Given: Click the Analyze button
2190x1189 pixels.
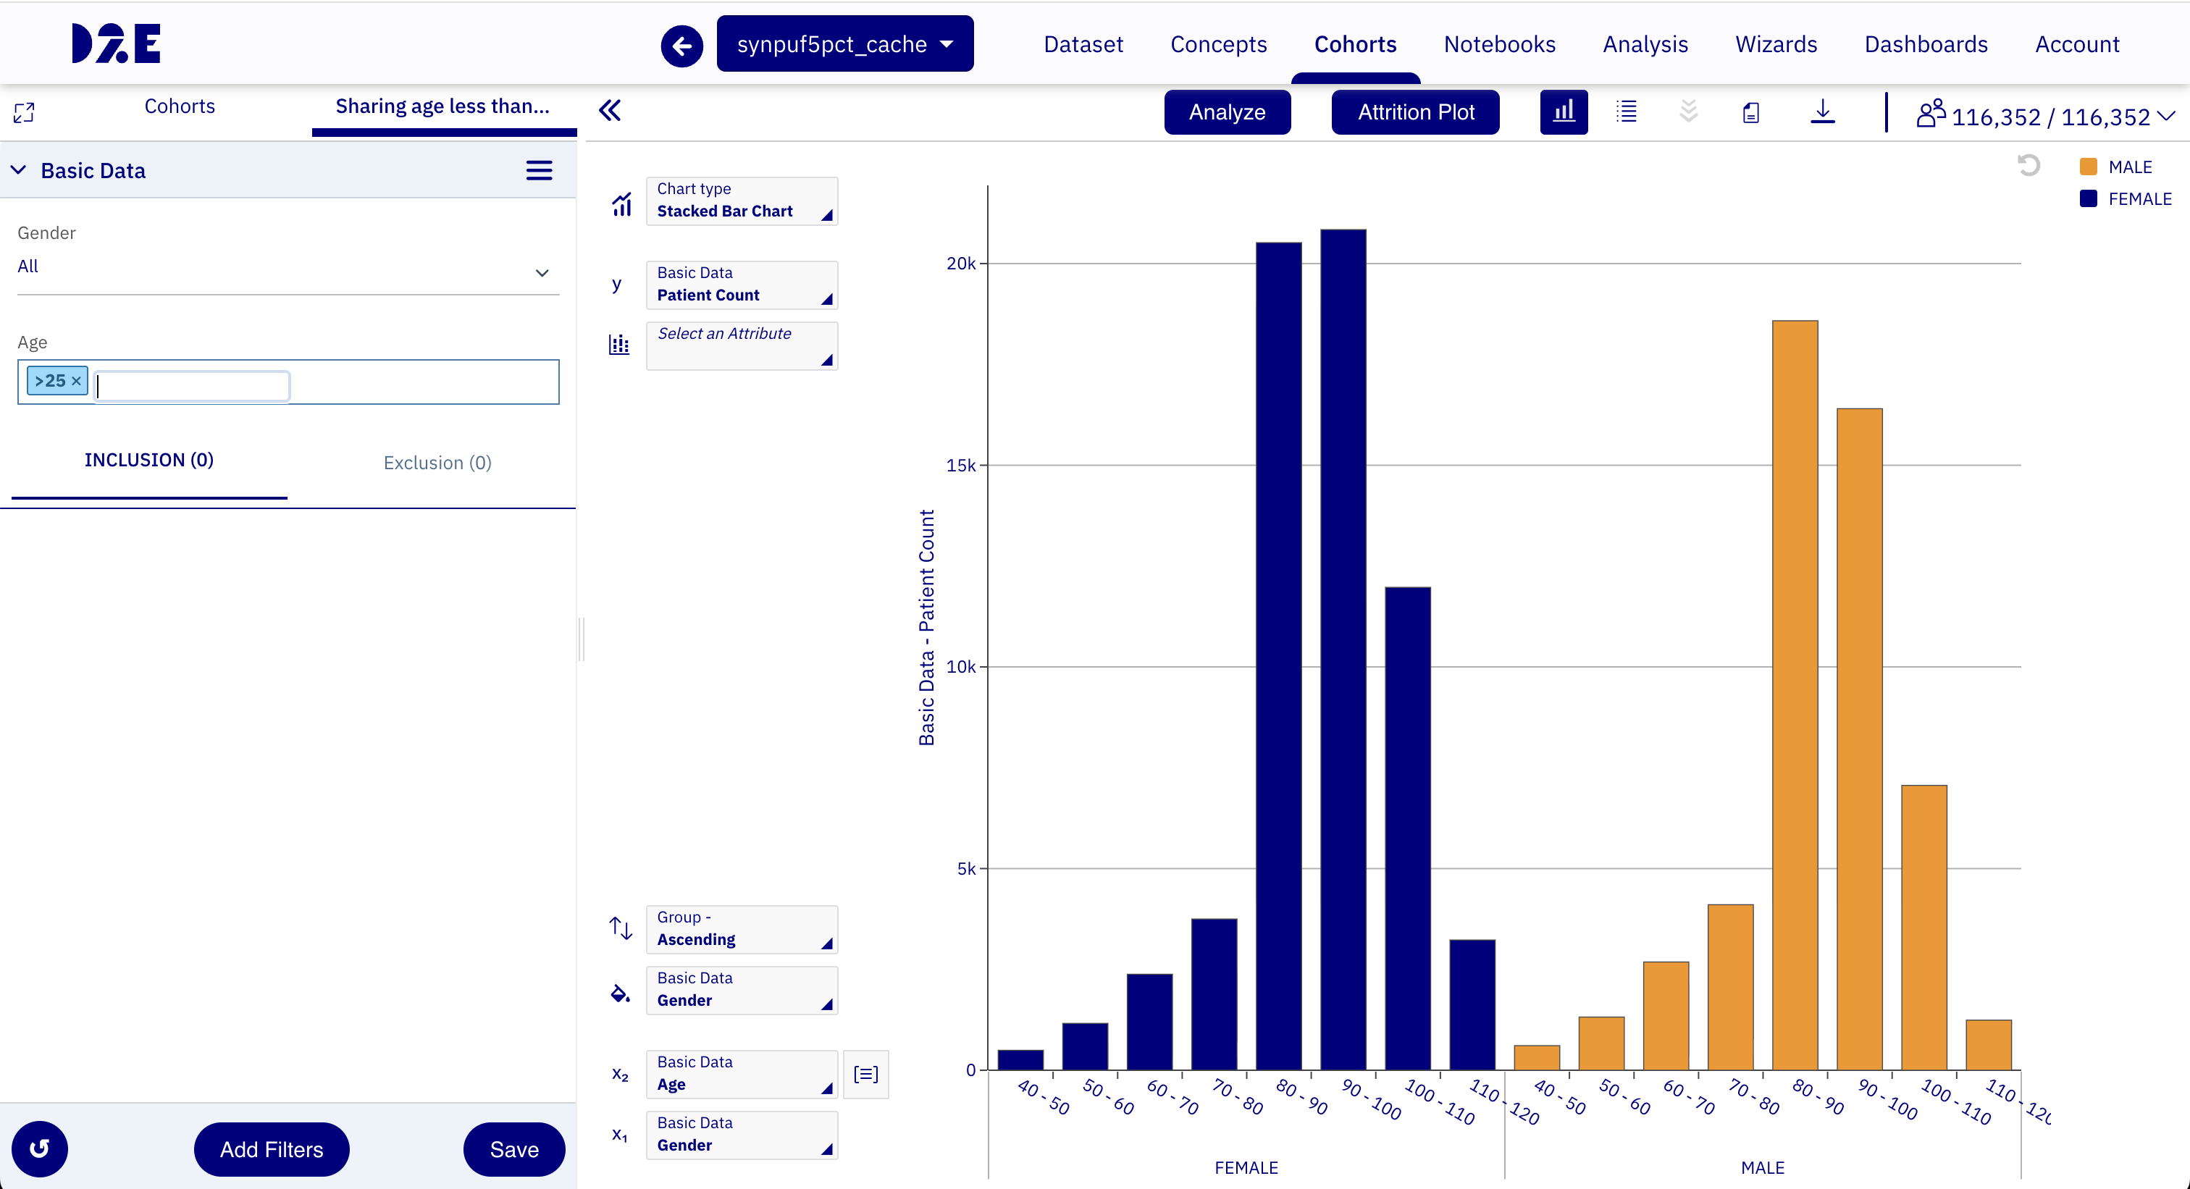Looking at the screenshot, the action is [x=1227, y=112].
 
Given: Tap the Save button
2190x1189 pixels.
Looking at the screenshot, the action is [x=513, y=1149].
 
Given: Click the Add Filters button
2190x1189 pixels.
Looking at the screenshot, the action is [x=271, y=1149].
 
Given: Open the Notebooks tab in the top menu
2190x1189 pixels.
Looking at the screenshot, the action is [x=1499, y=44].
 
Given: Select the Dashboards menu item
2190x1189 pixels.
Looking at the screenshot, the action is [x=1926, y=44].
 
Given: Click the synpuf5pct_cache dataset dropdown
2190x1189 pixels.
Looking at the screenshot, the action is [x=844, y=43].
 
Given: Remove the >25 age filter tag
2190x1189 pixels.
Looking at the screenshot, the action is [x=75, y=381].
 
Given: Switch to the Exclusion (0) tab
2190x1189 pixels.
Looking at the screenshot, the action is [x=437, y=462].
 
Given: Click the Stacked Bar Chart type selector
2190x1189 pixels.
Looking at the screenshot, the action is [x=742, y=201].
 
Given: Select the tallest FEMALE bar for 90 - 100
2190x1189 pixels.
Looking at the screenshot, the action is [x=1343, y=650].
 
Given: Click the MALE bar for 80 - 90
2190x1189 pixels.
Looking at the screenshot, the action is [x=1795, y=695].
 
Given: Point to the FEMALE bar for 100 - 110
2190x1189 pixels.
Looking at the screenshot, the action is [x=1408, y=828].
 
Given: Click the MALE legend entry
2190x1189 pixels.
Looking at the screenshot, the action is [x=2116, y=167].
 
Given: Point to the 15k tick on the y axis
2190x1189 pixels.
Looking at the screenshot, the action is [x=961, y=465].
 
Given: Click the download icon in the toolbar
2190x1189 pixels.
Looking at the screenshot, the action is [x=1823, y=112].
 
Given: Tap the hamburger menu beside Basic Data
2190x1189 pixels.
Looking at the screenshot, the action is [x=539, y=171].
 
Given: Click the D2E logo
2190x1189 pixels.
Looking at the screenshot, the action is [x=117, y=43].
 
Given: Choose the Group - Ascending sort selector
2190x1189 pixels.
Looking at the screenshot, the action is [x=742, y=929].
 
